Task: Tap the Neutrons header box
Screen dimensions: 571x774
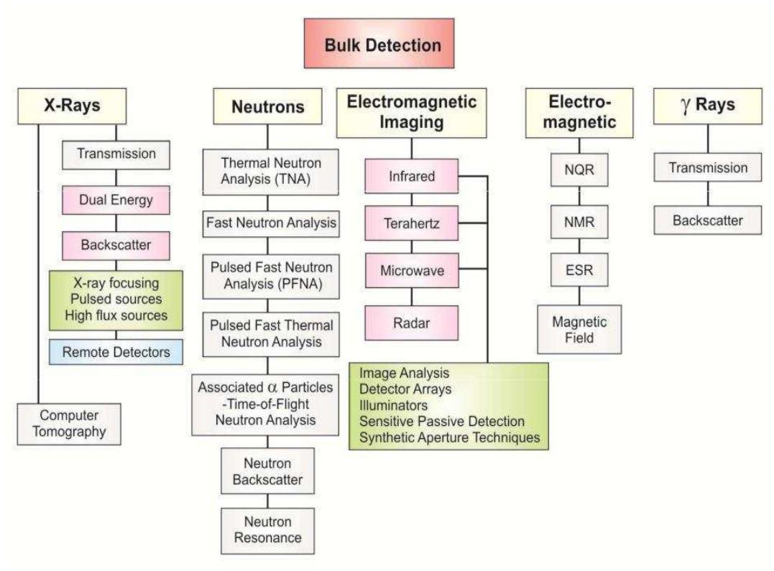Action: (267, 106)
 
